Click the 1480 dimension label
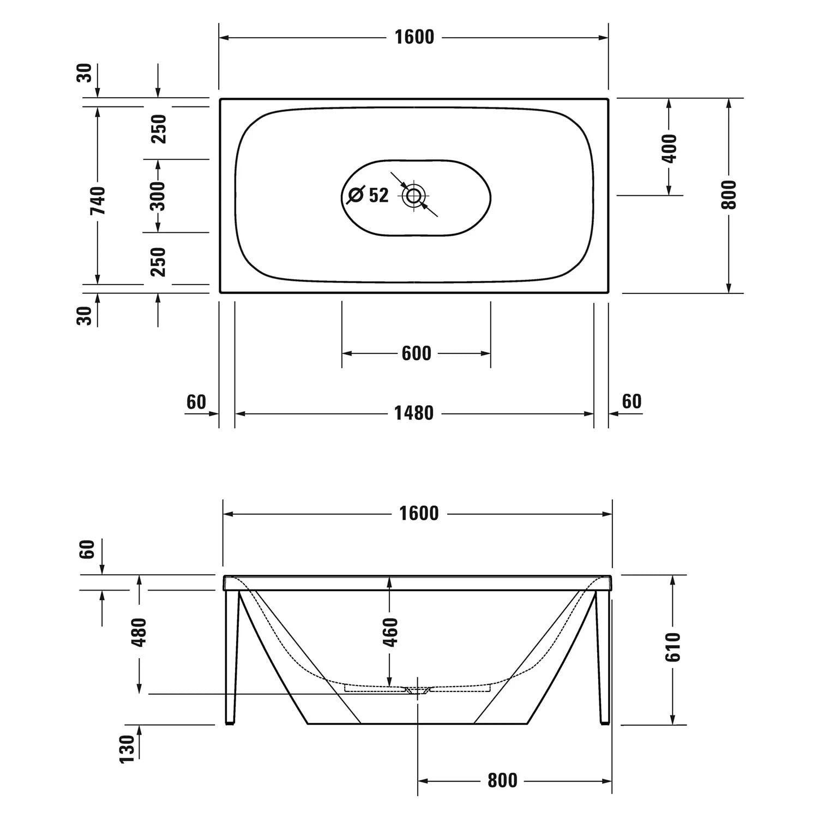tap(414, 413)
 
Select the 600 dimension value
tap(416, 353)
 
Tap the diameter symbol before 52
tap(356, 195)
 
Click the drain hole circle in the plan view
tap(414, 195)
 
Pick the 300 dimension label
tap(158, 195)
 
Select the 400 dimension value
tap(669, 148)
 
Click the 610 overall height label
tap(673, 647)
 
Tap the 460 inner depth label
tap(390, 631)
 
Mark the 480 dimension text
tap(140, 632)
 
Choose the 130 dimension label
tap(127, 749)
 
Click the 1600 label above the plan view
tap(414, 37)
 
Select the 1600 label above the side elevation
tap(418, 514)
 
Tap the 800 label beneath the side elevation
tap(502, 780)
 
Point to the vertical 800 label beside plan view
tap(729, 194)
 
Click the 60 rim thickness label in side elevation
tap(87, 549)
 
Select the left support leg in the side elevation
tap(232, 657)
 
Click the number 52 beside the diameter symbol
tap(379, 195)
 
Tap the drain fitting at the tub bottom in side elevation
tap(418, 691)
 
